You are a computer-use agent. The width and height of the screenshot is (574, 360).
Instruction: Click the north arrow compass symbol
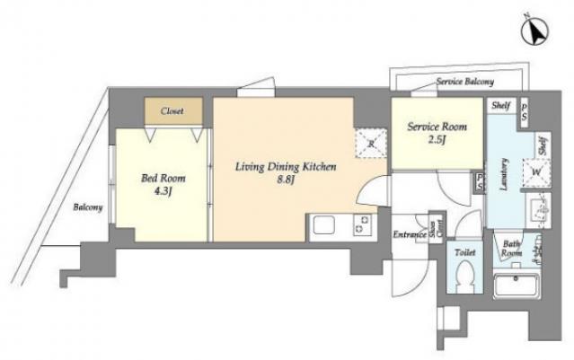point(536,33)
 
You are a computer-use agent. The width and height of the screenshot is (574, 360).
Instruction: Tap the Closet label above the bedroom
point(172,111)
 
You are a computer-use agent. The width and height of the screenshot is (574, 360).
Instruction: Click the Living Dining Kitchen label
point(273,166)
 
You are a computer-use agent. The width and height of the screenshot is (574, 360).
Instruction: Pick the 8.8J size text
point(274,180)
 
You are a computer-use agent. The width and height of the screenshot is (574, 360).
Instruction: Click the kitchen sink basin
point(322,226)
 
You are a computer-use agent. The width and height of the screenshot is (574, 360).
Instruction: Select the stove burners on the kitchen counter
point(363,225)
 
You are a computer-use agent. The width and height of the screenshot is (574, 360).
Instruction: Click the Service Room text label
point(435,127)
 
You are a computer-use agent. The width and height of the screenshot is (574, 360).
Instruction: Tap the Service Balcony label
point(464,82)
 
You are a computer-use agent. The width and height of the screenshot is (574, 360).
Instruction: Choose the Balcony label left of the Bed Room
point(88,207)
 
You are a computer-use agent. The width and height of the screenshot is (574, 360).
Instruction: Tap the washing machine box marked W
point(535,172)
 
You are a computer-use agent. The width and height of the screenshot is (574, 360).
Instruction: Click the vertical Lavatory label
point(504,171)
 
